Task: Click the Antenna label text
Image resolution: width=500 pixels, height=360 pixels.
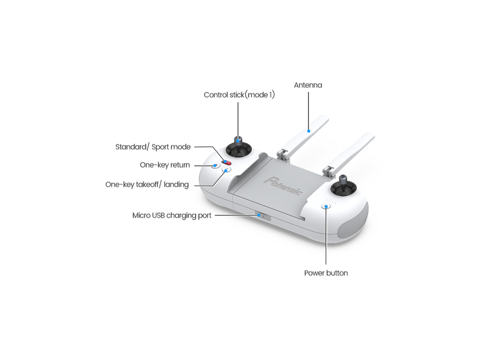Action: pyautogui.click(x=308, y=85)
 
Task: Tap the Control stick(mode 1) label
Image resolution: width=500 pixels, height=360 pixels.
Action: pyautogui.click(x=239, y=95)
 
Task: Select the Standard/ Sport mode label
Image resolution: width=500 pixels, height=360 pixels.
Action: pyautogui.click(x=153, y=147)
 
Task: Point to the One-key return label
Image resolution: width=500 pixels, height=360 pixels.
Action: pyautogui.click(x=164, y=165)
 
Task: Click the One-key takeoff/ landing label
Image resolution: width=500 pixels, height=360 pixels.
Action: pyautogui.click(x=147, y=185)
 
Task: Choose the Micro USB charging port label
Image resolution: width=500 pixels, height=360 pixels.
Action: pyautogui.click(x=171, y=215)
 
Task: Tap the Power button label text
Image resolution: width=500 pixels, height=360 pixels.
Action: pyautogui.click(x=326, y=273)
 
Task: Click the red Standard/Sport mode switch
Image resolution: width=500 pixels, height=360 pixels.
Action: pyautogui.click(x=227, y=163)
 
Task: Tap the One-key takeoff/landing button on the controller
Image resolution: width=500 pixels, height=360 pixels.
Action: pyautogui.click(x=226, y=170)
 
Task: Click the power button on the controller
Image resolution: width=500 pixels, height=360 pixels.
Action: pyautogui.click(x=326, y=206)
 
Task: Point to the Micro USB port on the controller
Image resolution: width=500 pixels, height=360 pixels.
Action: pyautogui.click(x=263, y=216)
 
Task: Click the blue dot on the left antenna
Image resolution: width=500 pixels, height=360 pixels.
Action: pyautogui.click(x=308, y=131)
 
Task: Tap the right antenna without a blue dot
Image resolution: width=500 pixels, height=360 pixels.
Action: pyautogui.click(x=349, y=154)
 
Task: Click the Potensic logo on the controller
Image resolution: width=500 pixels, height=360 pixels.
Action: pyautogui.click(x=283, y=186)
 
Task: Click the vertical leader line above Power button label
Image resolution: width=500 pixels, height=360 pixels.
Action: pyautogui.click(x=326, y=235)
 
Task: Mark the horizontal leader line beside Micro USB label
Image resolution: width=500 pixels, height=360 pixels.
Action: pyautogui.click(x=236, y=215)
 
